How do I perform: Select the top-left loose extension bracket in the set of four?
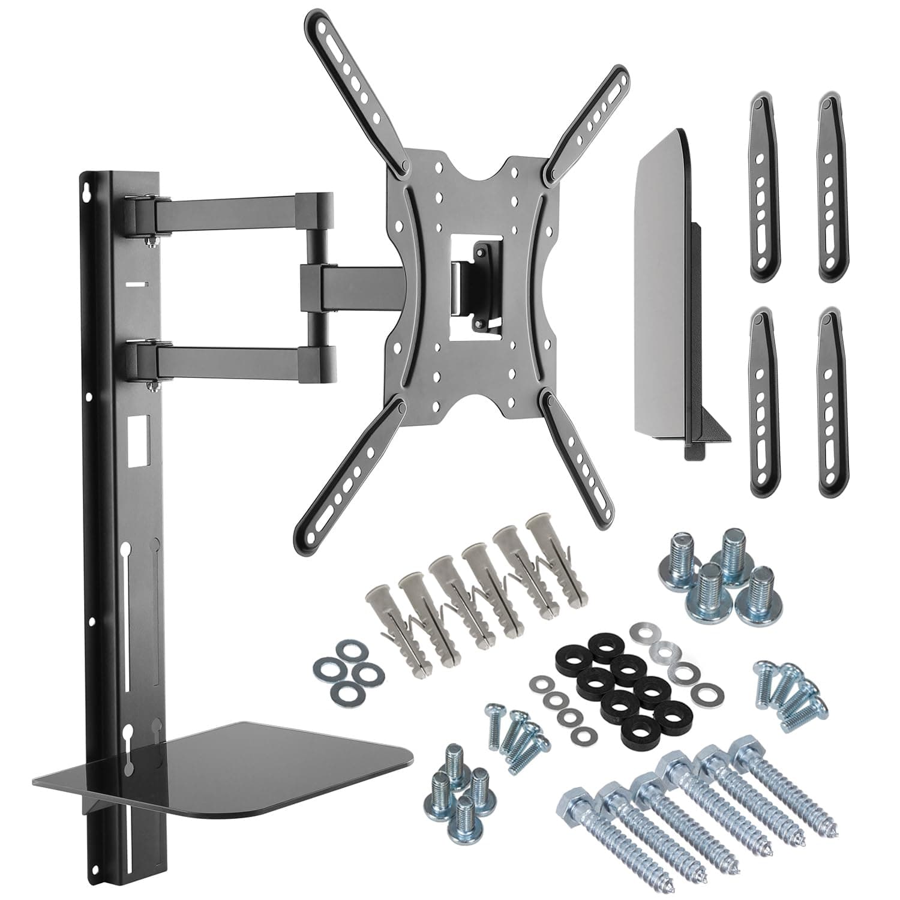pos(763,186)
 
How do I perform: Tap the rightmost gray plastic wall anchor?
pos(558,552)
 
